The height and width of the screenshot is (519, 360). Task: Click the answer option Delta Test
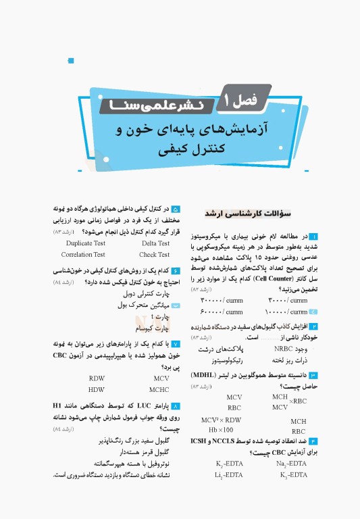point(155,243)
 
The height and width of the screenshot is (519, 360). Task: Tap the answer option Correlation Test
point(83,255)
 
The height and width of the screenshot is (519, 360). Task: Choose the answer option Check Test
point(154,255)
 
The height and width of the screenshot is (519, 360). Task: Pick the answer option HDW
point(96,390)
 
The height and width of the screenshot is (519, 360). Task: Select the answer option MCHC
point(159,390)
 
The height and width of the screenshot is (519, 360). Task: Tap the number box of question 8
point(176,405)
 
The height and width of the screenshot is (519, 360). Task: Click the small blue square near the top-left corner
point(71,61)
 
